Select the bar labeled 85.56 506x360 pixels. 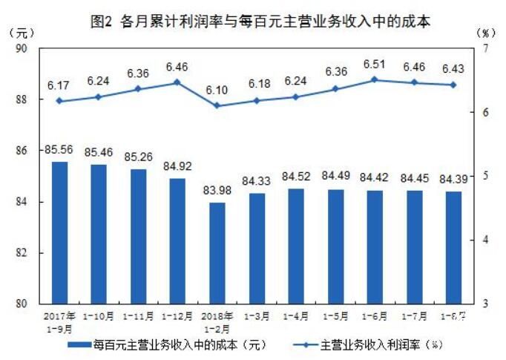[x=59, y=232]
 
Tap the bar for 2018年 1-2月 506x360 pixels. [x=217, y=252]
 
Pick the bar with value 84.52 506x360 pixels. [x=295, y=246]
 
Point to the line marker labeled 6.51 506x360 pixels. [x=375, y=79]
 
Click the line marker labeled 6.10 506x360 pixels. [x=217, y=105]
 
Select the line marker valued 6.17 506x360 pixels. [x=59, y=101]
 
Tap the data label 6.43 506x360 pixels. [x=453, y=68]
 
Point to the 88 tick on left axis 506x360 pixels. [x=22, y=99]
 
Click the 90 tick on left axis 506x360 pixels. [x=22, y=48]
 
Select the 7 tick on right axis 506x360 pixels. [x=484, y=48]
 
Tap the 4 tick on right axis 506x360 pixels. [x=484, y=240]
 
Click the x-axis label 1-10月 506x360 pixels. [x=99, y=316]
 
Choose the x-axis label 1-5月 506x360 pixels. [x=335, y=316]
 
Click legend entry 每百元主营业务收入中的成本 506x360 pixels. [x=166, y=345]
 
